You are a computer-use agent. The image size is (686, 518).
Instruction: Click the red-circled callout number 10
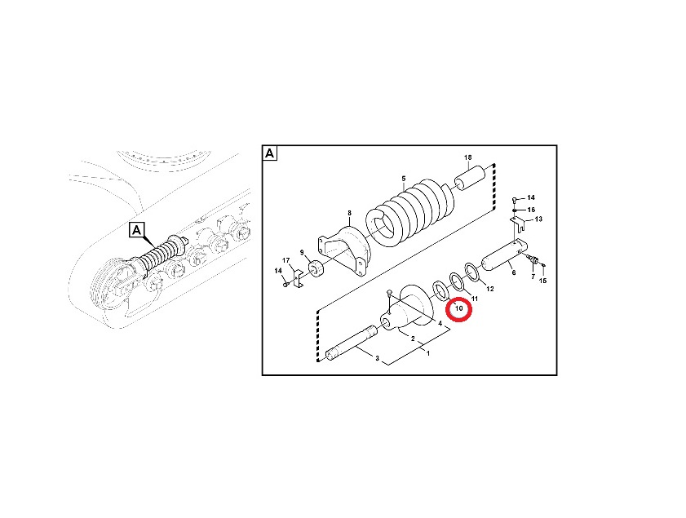point(459,308)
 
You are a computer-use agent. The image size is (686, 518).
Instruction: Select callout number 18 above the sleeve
point(468,157)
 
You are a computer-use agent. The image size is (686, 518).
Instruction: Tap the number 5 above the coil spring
point(404,179)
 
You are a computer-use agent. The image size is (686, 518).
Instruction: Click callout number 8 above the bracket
point(349,213)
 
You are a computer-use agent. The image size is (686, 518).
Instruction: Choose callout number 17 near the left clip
point(286,261)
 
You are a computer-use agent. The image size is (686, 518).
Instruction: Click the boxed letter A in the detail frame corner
point(269,153)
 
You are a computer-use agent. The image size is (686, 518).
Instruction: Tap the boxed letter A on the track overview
point(137,230)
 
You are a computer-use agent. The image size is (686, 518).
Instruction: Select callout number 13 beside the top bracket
point(538,219)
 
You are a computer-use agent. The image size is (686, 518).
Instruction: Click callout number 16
point(531,210)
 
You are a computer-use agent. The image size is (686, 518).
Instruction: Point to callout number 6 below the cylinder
point(514,272)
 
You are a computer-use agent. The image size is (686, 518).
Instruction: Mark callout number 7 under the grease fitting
point(533,277)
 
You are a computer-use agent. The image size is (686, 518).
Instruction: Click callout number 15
point(542,281)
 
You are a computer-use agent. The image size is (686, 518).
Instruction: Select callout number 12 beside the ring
point(490,289)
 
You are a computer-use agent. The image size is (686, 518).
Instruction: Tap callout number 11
point(474,299)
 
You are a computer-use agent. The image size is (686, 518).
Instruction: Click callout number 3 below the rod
point(377,358)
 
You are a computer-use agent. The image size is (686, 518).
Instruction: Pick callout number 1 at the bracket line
point(428,353)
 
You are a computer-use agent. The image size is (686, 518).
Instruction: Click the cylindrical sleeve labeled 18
point(470,179)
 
